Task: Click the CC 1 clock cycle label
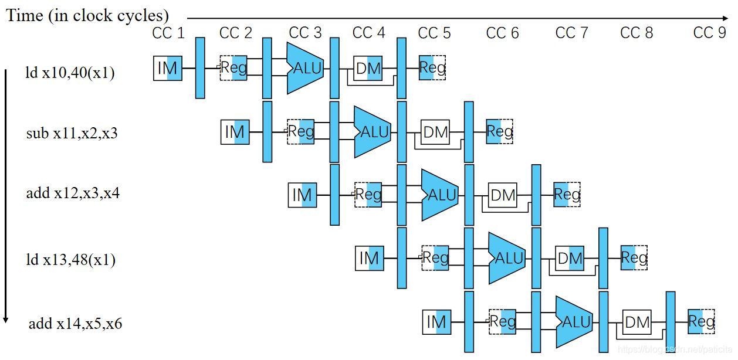(x=168, y=33)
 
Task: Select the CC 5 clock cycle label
(x=434, y=33)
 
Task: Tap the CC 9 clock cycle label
(x=709, y=33)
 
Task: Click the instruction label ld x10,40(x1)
(x=69, y=73)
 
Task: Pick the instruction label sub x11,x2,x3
(x=72, y=133)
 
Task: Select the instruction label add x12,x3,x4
(x=73, y=193)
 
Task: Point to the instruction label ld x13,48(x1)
(x=70, y=259)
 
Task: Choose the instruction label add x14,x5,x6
(x=75, y=323)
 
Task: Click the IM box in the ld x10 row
(x=167, y=69)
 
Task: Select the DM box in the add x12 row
(x=503, y=195)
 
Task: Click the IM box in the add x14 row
(x=436, y=322)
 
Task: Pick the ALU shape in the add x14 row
(x=574, y=322)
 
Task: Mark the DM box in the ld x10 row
(x=368, y=69)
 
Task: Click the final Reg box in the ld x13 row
(x=634, y=257)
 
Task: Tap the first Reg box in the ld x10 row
(x=233, y=68)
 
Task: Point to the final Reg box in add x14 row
(x=701, y=321)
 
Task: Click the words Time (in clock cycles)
(x=87, y=15)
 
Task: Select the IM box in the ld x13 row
(x=370, y=258)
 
